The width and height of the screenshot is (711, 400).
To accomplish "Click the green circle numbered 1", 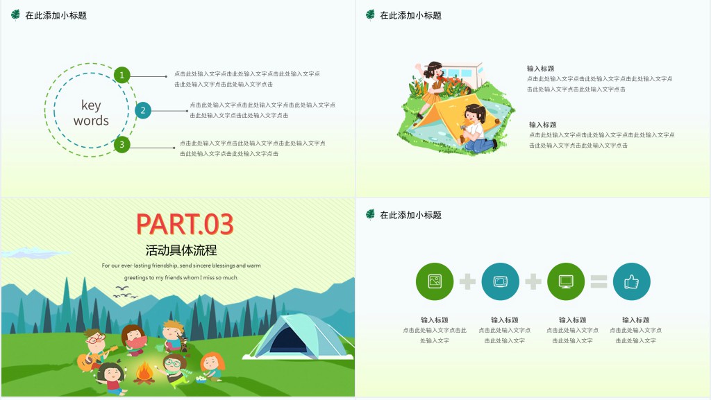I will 122,75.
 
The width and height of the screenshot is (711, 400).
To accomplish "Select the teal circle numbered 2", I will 143,110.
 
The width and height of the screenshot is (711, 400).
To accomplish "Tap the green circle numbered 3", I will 122,144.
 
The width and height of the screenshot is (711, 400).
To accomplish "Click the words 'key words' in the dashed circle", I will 91,112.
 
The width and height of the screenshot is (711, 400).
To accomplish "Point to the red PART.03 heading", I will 185,224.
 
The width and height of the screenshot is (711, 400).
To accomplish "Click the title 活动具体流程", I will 181,250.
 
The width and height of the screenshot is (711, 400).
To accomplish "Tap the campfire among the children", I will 144,372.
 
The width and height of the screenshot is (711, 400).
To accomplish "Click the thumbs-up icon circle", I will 631,281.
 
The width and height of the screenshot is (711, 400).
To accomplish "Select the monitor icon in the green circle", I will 566,281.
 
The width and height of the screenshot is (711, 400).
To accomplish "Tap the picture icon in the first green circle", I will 435,281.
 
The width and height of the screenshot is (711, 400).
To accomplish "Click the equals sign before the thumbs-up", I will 599,281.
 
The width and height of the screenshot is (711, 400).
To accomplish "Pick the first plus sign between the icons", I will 467,281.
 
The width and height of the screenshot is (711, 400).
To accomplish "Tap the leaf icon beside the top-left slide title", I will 15,15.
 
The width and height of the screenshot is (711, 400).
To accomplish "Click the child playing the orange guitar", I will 94,350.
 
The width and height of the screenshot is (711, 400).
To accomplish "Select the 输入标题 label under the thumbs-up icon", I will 636,320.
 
